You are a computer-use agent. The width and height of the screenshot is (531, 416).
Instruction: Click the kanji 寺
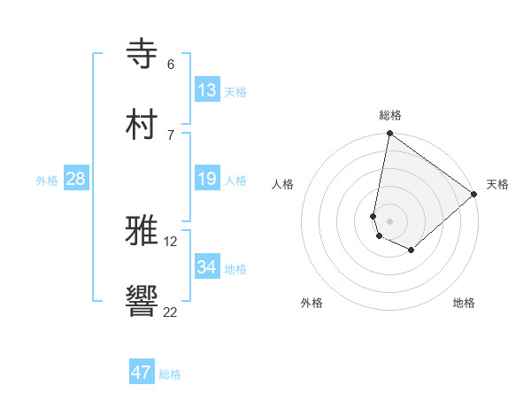pyautogui.click(x=142, y=53)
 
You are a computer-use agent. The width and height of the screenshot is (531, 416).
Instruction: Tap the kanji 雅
pyautogui.click(x=142, y=230)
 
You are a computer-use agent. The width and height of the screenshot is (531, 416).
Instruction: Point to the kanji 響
pyautogui.click(x=142, y=301)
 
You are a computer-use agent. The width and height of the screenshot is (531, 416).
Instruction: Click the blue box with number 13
pyautogui.click(x=207, y=90)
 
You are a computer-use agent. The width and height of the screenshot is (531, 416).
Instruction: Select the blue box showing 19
pyautogui.click(x=207, y=180)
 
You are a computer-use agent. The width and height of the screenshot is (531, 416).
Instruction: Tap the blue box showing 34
pyautogui.click(x=207, y=267)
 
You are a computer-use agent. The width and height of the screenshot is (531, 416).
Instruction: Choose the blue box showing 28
pyautogui.click(x=76, y=180)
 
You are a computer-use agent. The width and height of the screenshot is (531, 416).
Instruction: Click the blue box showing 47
pyautogui.click(x=142, y=373)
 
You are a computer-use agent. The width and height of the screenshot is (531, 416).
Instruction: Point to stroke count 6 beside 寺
pyautogui.click(x=170, y=65)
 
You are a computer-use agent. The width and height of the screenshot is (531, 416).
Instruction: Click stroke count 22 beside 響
pyautogui.click(x=170, y=312)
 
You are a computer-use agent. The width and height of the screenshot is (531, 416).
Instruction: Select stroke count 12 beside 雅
pyautogui.click(x=170, y=241)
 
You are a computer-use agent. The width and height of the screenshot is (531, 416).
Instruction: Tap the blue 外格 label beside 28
pyautogui.click(x=47, y=181)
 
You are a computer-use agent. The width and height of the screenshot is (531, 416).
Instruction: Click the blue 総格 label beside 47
pyautogui.click(x=170, y=374)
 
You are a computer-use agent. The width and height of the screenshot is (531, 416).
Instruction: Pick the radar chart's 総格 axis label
pyautogui.click(x=389, y=115)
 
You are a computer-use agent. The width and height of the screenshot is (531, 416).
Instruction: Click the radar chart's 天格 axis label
pyautogui.click(x=497, y=184)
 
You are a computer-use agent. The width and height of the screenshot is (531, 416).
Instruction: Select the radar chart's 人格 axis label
pyautogui.click(x=283, y=184)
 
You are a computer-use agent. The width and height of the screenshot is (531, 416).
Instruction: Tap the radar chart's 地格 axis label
pyautogui.click(x=464, y=303)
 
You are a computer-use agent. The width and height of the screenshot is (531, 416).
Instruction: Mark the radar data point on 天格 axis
pyautogui.click(x=474, y=194)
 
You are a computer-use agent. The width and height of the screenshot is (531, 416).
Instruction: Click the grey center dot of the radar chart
pyautogui.click(x=389, y=221)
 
